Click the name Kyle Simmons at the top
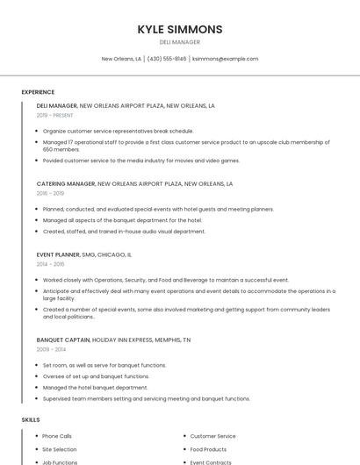click(x=180, y=29)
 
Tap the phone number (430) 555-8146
click(x=167, y=59)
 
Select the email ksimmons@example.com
click(x=225, y=59)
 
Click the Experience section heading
click(x=38, y=92)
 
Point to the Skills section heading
click(x=31, y=419)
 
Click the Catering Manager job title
click(x=66, y=184)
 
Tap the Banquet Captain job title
click(x=63, y=340)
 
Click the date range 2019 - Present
click(x=56, y=115)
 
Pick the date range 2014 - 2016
click(x=50, y=264)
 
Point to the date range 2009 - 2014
click(x=50, y=349)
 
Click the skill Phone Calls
click(x=57, y=436)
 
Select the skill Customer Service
click(x=212, y=436)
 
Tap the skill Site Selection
click(x=59, y=449)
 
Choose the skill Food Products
click(x=208, y=449)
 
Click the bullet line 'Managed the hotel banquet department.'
click(x=95, y=387)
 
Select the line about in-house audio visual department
click(x=124, y=232)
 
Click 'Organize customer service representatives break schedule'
click(x=118, y=131)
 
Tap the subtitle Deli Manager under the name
click(x=180, y=42)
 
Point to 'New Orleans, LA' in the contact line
click(x=121, y=59)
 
